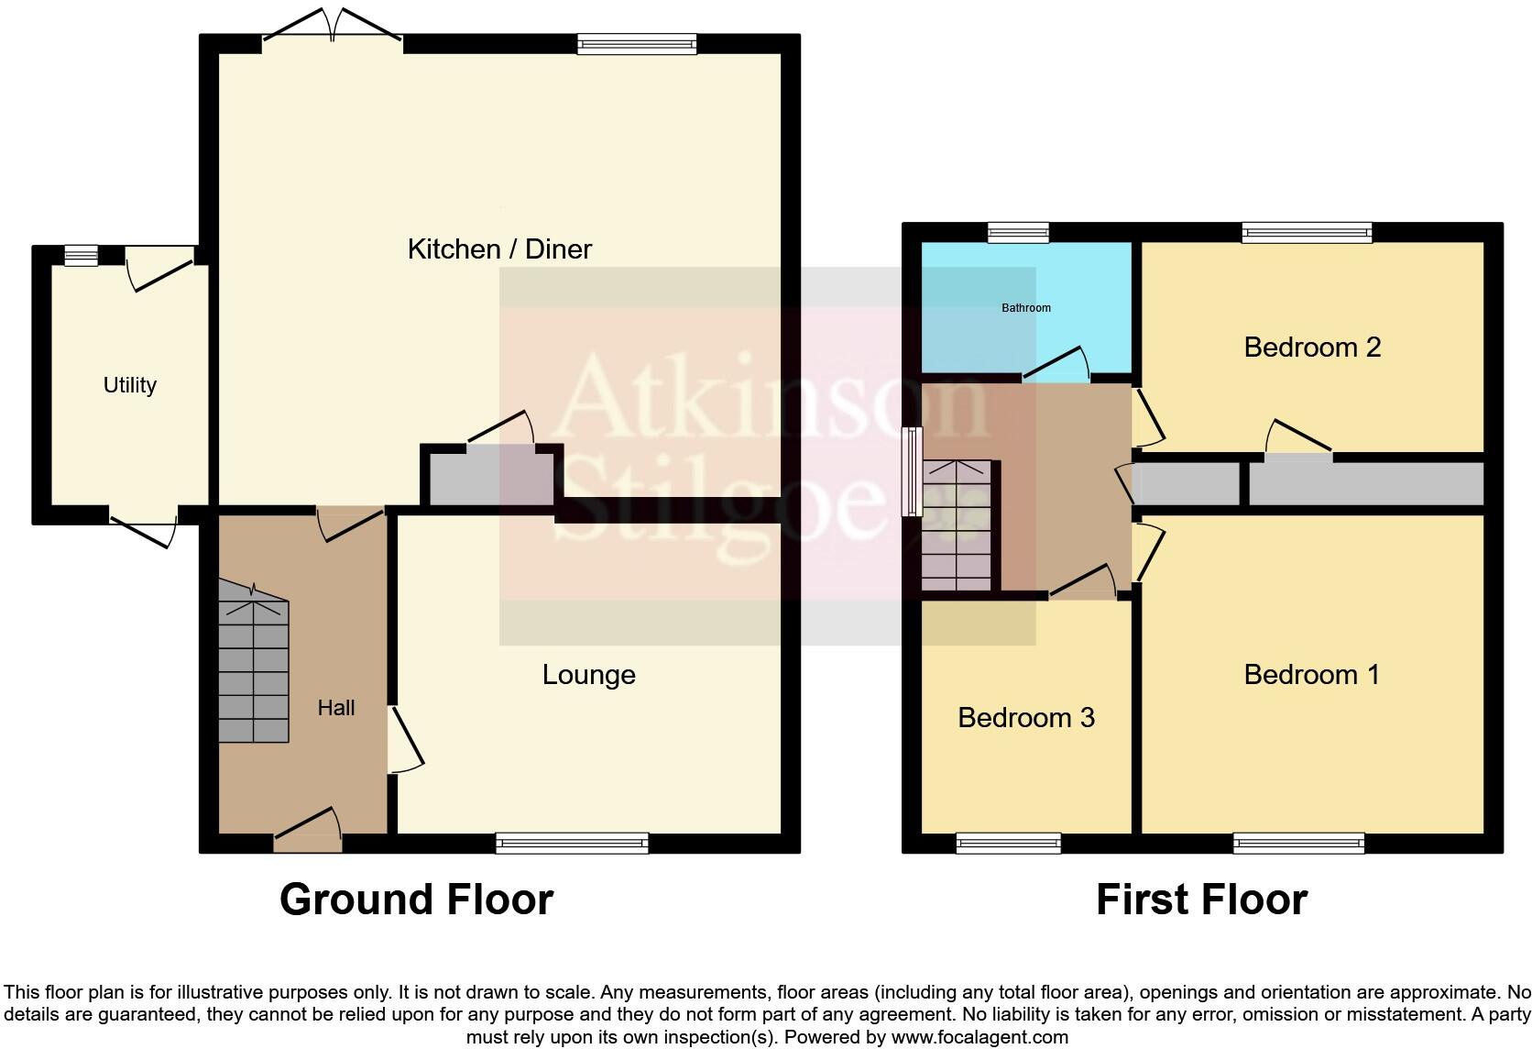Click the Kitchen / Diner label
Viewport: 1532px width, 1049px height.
point(499,248)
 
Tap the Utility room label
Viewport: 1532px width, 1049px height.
point(129,385)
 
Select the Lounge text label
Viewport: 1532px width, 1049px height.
point(588,675)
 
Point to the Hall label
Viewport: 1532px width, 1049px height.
point(336,708)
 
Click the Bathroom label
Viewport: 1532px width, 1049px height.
point(1025,308)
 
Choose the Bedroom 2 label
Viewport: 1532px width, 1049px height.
point(1311,348)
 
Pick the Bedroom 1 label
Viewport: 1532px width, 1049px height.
point(1310,675)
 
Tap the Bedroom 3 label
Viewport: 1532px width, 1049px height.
point(1025,718)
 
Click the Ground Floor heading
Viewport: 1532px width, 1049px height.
point(416,900)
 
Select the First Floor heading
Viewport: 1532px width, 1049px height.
point(1201,900)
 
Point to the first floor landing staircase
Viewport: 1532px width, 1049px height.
point(957,526)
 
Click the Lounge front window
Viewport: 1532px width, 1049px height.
point(572,843)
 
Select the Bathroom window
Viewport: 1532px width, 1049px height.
point(1018,232)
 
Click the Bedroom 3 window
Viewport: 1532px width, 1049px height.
point(1008,843)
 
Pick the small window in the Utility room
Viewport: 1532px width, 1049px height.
point(81,255)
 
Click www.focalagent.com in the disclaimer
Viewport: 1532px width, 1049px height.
point(979,1037)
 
